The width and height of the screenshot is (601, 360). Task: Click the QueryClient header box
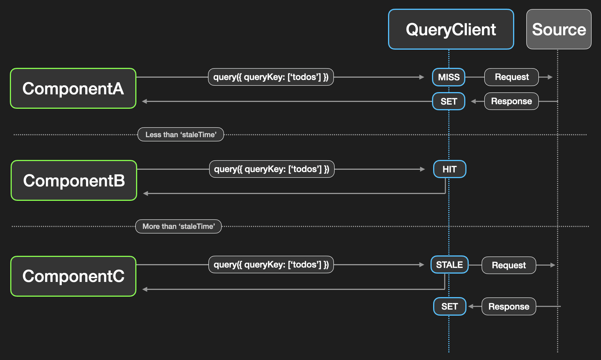[451, 30]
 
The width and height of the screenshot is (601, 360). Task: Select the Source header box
[559, 30]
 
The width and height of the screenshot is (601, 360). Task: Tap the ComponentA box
[73, 88]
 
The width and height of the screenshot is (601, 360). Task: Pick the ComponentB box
[74, 180]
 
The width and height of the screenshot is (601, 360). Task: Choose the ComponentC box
[73, 276]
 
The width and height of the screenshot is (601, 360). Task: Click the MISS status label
[449, 77]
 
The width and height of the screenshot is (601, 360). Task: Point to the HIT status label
[449, 169]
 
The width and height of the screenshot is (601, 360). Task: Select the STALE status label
[449, 265]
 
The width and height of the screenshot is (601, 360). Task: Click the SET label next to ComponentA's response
[449, 102]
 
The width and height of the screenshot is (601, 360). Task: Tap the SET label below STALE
[449, 307]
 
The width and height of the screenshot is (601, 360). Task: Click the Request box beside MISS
[512, 77]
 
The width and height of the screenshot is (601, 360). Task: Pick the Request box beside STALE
[509, 265]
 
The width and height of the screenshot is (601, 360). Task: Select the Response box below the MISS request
[511, 101]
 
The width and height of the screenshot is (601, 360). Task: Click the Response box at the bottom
[509, 307]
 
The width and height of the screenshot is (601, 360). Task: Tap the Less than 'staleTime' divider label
[181, 135]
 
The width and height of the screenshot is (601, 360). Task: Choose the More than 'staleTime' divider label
[178, 226]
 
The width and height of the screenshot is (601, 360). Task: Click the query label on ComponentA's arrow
[271, 77]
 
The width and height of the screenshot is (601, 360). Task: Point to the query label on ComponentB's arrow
[271, 169]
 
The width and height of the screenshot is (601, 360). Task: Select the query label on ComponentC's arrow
[271, 265]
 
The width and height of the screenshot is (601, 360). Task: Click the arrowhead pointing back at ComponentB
[146, 194]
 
